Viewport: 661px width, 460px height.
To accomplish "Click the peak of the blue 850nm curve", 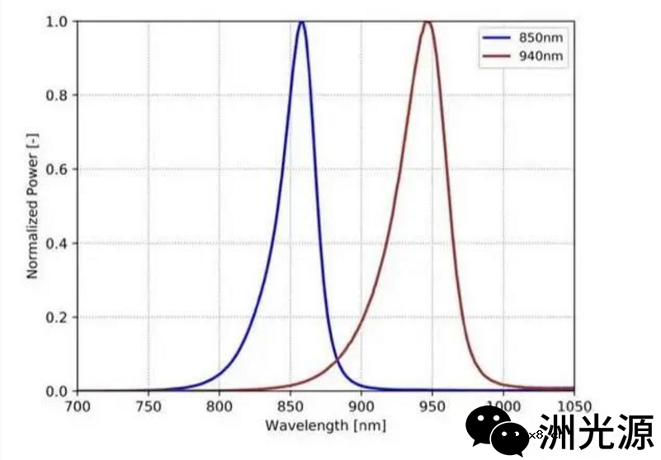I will (301, 22).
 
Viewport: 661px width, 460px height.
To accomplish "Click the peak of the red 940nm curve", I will (427, 22).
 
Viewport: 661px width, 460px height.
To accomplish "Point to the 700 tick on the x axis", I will (78, 406).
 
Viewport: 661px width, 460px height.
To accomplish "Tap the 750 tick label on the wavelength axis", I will (149, 406).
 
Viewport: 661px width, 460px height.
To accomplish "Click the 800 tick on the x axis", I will (220, 406).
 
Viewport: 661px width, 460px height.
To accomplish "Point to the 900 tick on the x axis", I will (361, 406).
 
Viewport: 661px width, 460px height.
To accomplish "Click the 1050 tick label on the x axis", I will (574, 406).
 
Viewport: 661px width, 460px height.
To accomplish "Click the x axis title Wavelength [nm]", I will (325, 424).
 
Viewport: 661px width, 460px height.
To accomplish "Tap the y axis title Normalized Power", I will (33, 206).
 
